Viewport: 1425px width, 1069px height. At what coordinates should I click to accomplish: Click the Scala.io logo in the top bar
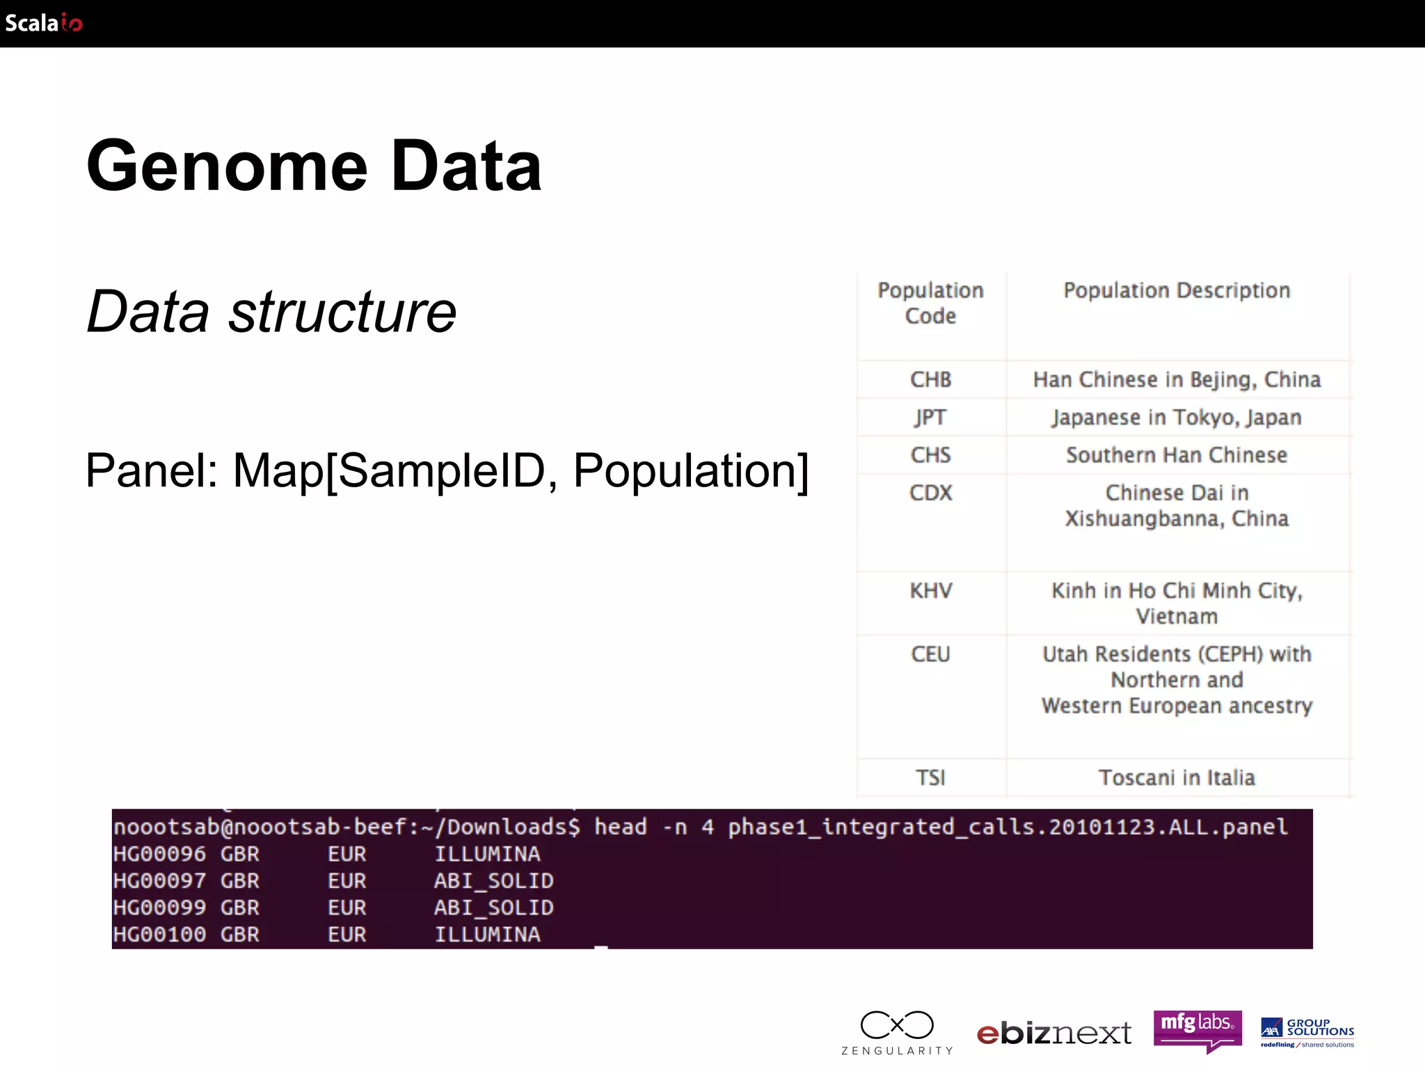coord(43,23)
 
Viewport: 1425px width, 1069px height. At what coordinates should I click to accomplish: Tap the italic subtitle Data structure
coord(271,311)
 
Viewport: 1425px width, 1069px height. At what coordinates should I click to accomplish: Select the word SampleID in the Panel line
coord(441,471)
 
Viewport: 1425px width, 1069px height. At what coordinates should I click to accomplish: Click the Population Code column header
coord(930,303)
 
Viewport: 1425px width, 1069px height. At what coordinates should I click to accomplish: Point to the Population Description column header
coord(1177,290)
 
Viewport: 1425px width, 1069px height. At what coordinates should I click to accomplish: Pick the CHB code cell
coord(930,379)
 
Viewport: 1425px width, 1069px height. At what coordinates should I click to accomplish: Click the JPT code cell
coord(930,417)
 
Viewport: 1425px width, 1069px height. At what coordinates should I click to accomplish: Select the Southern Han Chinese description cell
coord(1177,455)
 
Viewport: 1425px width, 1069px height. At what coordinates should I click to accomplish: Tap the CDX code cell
coord(930,493)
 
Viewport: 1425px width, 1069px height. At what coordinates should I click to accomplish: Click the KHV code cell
coord(930,591)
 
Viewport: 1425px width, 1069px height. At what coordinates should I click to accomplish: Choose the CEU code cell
coord(930,654)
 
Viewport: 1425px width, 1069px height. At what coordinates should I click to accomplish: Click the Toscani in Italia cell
coord(1177,777)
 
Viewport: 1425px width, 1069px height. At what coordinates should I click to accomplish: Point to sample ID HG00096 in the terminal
coord(159,854)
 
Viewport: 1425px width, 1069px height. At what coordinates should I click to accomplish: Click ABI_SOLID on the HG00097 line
coord(493,881)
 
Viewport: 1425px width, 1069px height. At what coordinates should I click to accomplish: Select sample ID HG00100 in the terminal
coord(159,934)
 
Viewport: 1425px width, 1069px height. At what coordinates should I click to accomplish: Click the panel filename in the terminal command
coord(1007,827)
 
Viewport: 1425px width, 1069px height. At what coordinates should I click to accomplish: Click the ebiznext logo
coord(1053,1034)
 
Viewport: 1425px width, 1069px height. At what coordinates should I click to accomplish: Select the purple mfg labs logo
coord(1197,1029)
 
